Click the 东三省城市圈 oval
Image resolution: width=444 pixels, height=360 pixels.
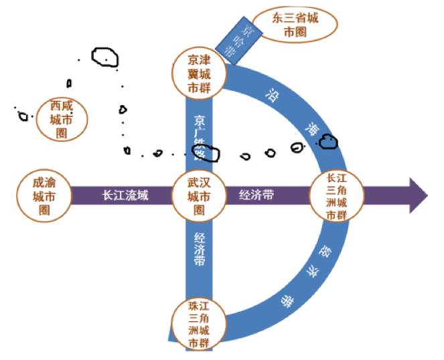coord(295,25)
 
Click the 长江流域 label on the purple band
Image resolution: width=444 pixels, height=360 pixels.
coord(125,197)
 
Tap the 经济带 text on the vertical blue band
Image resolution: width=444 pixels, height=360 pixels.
coord(200,250)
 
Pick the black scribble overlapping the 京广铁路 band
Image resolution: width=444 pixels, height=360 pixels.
coord(210,154)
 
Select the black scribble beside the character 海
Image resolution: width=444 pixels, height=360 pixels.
coord(329,141)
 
